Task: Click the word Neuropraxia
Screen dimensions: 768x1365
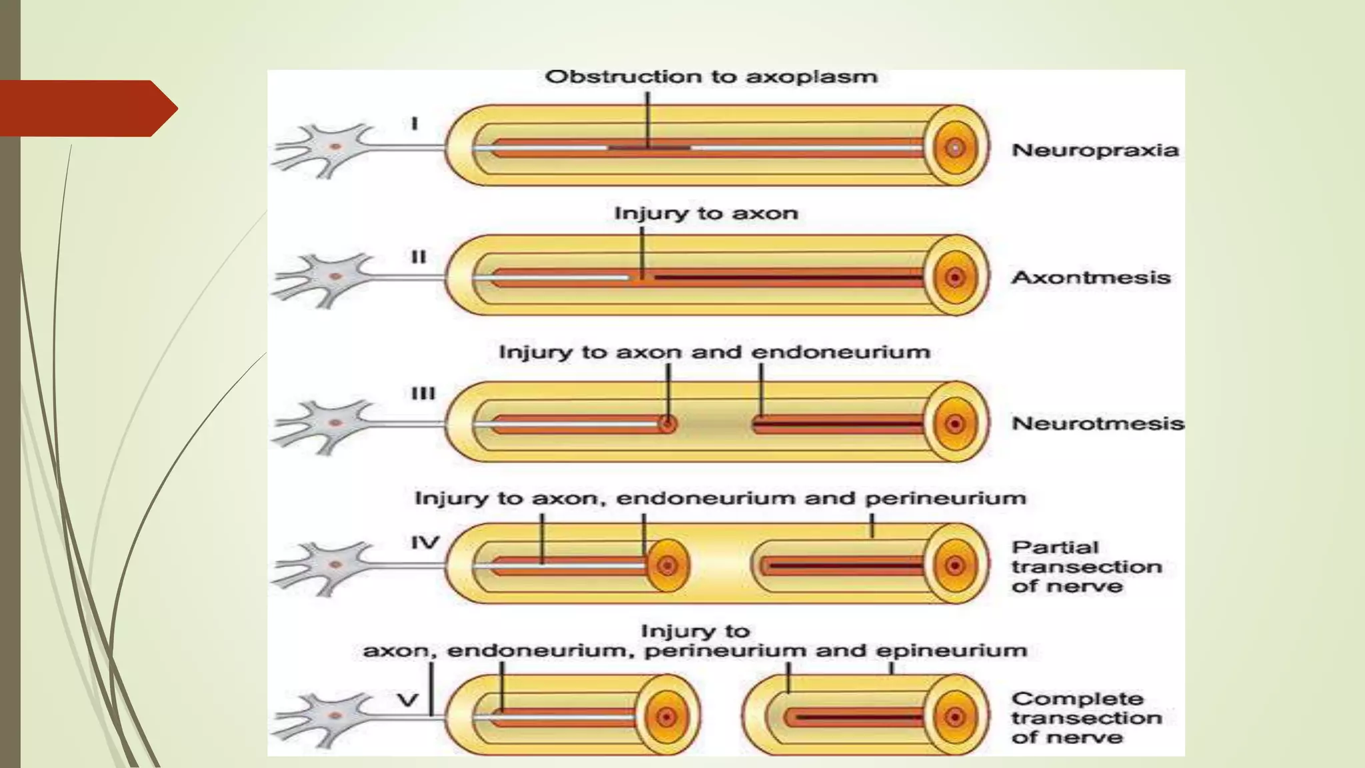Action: click(x=1095, y=150)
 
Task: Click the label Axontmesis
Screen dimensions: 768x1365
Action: click(x=1090, y=277)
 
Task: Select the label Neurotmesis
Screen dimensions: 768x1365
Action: click(x=1097, y=423)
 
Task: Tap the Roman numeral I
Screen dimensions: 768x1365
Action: click(x=415, y=124)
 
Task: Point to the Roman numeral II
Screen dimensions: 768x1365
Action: click(x=418, y=257)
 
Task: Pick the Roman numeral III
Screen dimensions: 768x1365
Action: click(x=423, y=393)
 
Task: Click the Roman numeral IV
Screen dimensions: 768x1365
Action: click(x=425, y=543)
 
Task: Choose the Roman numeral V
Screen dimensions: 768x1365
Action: click(x=407, y=700)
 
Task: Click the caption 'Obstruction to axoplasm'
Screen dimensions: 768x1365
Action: click(x=710, y=77)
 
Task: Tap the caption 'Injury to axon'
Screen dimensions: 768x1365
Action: click(x=706, y=213)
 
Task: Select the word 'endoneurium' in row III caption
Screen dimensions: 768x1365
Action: click(x=840, y=352)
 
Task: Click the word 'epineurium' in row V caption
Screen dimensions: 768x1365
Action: click(x=951, y=651)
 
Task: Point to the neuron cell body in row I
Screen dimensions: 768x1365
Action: click(x=335, y=147)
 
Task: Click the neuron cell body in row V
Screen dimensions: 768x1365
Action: click(x=335, y=715)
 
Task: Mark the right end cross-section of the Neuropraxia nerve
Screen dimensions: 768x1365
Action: click(x=954, y=147)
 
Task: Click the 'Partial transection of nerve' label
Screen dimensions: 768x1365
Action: click(x=1086, y=567)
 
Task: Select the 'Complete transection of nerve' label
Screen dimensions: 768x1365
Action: click(x=1086, y=718)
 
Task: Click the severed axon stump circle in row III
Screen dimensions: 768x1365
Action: click(x=667, y=423)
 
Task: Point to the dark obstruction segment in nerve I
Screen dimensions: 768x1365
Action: click(x=649, y=147)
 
